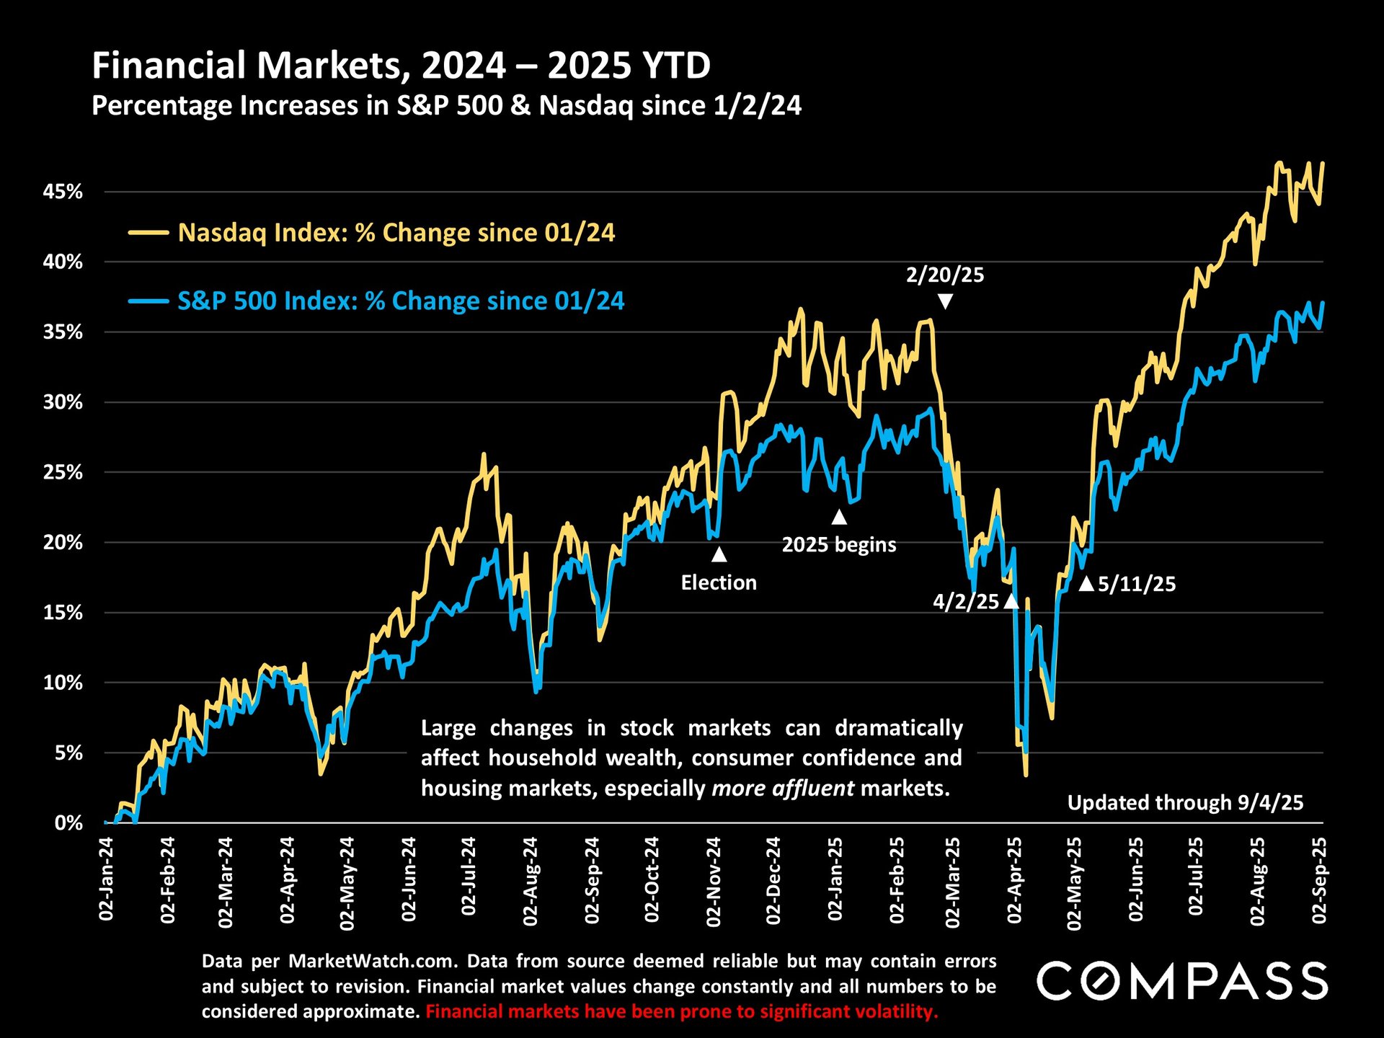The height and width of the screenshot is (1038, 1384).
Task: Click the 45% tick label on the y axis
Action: tap(63, 192)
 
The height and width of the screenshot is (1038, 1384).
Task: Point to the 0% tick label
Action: tap(68, 822)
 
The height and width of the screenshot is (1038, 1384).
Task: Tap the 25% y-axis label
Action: tap(63, 472)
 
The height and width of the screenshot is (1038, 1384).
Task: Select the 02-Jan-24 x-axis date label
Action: tap(107, 879)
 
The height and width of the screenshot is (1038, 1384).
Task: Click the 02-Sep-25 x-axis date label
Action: tap(1319, 879)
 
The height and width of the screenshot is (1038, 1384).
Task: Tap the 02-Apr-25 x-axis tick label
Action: tap(1014, 879)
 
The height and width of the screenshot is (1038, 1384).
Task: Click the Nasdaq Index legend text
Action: tap(396, 233)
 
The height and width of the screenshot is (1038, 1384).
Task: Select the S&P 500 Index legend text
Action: tap(401, 301)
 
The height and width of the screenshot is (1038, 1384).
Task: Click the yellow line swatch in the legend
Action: tap(148, 233)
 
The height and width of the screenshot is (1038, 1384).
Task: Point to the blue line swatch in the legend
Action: tap(148, 301)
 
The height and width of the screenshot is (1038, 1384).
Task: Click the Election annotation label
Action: tap(719, 582)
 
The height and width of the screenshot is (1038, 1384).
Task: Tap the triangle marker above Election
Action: tap(719, 554)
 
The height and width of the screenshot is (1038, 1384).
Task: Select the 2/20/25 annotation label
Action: tap(944, 275)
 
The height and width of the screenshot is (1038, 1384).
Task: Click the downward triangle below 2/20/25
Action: tap(945, 301)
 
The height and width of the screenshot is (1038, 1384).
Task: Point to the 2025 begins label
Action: tap(839, 544)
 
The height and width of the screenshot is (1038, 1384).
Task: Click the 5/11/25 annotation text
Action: tap(1137, 584)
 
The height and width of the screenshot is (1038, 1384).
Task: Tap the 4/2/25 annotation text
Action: tap(966, 602)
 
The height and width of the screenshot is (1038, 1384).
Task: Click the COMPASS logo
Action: tap(1182, 981)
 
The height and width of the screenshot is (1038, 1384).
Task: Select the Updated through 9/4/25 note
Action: tap(1185, 802)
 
